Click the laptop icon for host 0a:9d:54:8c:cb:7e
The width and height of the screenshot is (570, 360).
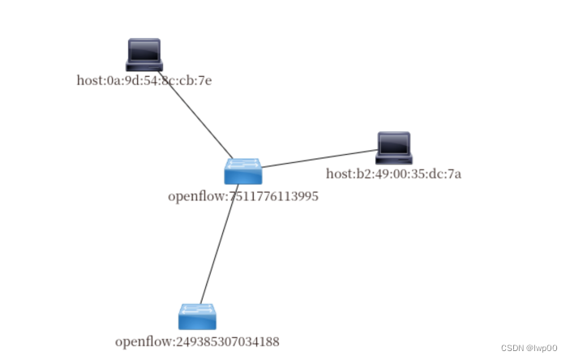click(144, 55)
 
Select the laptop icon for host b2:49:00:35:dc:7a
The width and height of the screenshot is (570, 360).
click(394, 147)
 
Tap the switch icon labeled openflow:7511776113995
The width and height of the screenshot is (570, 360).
click(242, 170)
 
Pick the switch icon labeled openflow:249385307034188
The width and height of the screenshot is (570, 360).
click(197, 316)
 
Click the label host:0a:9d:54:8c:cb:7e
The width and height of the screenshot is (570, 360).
click(144, 80)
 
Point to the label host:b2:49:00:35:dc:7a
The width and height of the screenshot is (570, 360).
click(393, 173)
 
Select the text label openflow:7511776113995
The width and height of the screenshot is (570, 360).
click(242, 195)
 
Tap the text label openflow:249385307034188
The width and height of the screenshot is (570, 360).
click(197, 341)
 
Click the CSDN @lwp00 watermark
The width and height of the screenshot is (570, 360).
click(529, 347)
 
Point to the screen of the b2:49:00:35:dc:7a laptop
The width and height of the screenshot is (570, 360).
click(394, 143)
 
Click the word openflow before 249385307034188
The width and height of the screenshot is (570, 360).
click(143, 341)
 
